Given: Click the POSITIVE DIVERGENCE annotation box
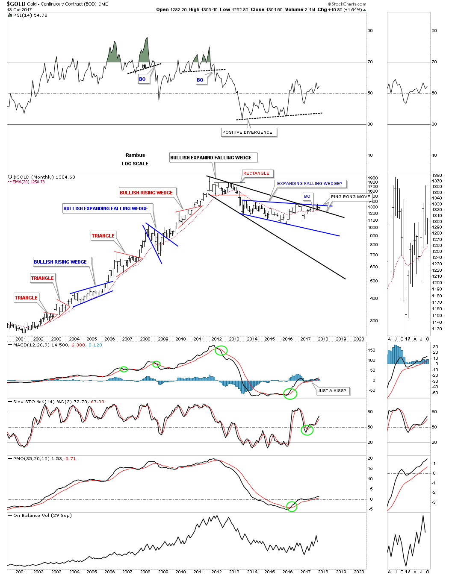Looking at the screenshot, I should pyautogui.click(x=247, y=132).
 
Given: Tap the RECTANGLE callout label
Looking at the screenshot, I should pyautogui.click(x=256, y=173).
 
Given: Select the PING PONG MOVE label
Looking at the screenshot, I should pyautogui.click(x=350, y=197).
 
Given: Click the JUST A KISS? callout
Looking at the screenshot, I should pyautogui.click(x=332, y=391).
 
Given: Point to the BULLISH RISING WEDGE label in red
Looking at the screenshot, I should pyautogui.click(x=146, y=193).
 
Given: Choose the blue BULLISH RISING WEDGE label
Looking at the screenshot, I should pyautogui.click(x=60, y=262).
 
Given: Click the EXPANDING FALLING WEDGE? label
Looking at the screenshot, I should pyautogui.click(x=310, y=184).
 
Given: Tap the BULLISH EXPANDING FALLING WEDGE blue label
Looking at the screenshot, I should pyautogui.click(x=106, y=209).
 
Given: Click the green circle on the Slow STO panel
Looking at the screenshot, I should pyautogui.click(x=307, y=430).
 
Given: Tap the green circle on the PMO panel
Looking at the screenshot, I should pyautogui.click(x=292, y=507).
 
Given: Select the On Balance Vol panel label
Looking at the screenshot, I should pyautogui.click(x=42, y=516).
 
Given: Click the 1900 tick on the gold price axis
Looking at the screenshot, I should pyautogui.click(x=372, y=178).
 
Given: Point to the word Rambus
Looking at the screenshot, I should pyautogui.click(x=135, y=155).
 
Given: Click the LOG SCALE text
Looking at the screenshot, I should pyautogui.click(x=135, y=164).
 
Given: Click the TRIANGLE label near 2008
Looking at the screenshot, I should pyautogui.click(x=103, y=236).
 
